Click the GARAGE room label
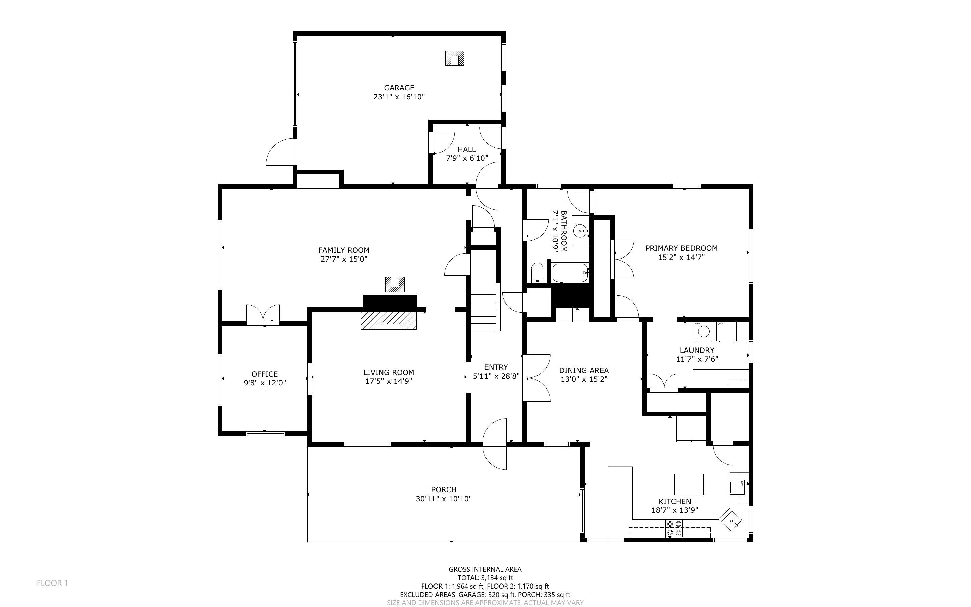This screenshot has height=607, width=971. pyautogui.click(x=399, y=88)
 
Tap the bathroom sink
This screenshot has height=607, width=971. pyautogui.click(x=580, y=231)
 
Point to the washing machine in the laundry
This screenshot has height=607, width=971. pyautogui.click(x=704, y=331)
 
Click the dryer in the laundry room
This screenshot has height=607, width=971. pyautogui.click(x=726, y=332)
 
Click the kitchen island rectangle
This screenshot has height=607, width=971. pyautogui.click(x=688, y=484)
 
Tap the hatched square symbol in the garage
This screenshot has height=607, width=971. pyautogui.click(x=454, y=58)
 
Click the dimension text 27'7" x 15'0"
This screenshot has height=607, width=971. pyautogui.click(x=344, y=259)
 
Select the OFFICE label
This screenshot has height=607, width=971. pyautogui.click(x=265, y=374)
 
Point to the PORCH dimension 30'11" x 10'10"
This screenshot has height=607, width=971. pyautogui.click(x=444, y=499)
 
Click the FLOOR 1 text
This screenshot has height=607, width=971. pyautogui.click(x=53, y=583)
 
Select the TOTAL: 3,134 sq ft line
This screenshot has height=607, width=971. pyautogui.click(x=485, y=578)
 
